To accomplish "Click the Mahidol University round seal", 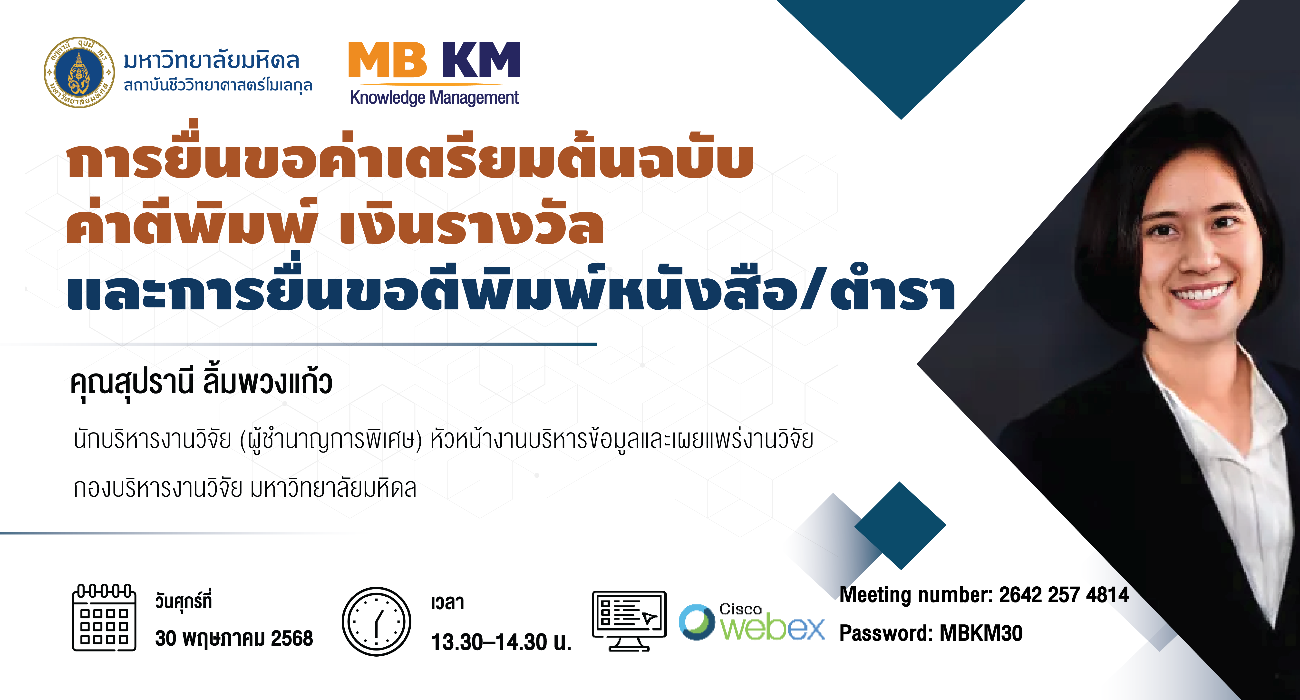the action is tap(79, 72).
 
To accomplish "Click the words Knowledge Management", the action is tap(435, 97).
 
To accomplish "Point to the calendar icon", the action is tap(105, 617).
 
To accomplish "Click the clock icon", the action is tap(377, 621).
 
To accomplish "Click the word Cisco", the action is tap(740, 609).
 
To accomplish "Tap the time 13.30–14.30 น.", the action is tap(501, 642).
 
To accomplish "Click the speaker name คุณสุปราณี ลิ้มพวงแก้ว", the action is tap(201, 384).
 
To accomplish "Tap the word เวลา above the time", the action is tap(448, 602).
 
